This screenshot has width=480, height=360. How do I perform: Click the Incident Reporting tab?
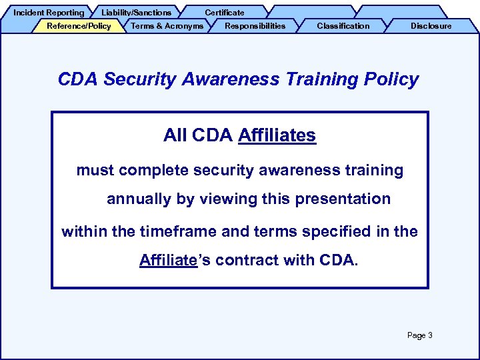(49, 12)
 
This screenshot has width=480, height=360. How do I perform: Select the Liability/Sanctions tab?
(136, 12)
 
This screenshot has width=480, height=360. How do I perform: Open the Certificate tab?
(224, 12)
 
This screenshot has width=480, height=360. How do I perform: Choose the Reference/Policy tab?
(79, 26)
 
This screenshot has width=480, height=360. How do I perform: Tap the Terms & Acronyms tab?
(167, 26)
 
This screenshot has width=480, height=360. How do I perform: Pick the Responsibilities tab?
(255, 26)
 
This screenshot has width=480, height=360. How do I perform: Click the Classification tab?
(343, 26)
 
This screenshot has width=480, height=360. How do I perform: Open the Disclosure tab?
(431, 26)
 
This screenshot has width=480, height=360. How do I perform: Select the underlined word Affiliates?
(277, 135)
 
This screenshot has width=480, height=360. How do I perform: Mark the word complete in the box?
(154, 170)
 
